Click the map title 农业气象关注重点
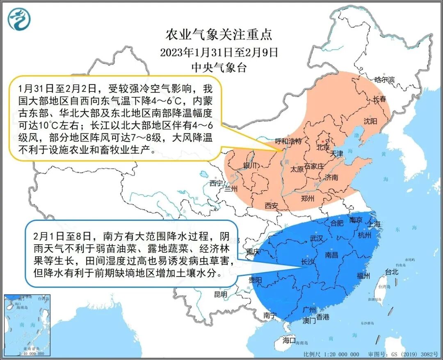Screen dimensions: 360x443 point(219,35)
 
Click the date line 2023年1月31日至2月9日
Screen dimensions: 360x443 point(219,53)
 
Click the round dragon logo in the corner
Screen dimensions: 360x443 point(19,19)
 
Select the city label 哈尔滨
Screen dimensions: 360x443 point(384,80)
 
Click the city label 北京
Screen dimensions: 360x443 point(323,147)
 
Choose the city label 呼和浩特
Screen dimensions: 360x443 point(288,141)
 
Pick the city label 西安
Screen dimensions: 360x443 point(272,205)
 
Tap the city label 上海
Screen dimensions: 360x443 point(374,224)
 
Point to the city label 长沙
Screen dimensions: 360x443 point(308,261)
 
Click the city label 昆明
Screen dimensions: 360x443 point(220,294)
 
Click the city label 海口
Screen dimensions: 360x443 point(289,340)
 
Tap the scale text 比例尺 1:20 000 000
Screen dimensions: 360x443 point(331,354)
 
